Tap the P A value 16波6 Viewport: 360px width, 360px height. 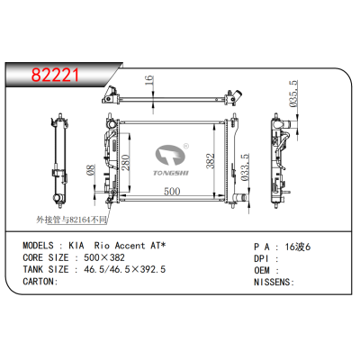296,244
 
